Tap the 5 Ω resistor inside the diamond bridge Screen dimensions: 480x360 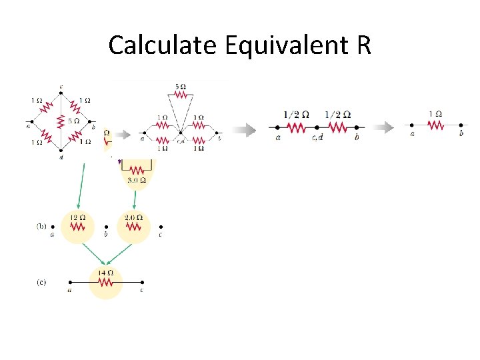61,122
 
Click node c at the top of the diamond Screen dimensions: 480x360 61,93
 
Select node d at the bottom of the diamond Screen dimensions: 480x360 61,153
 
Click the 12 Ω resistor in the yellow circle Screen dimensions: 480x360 78,227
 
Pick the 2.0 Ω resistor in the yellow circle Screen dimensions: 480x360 134,227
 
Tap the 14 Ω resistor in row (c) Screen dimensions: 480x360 105,282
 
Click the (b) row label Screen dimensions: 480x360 41,227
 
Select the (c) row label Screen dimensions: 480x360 41,282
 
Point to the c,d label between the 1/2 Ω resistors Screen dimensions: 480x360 317,138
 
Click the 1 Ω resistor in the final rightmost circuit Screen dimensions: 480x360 435,125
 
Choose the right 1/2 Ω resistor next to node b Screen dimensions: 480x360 338,126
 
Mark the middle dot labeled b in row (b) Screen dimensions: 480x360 106,227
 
